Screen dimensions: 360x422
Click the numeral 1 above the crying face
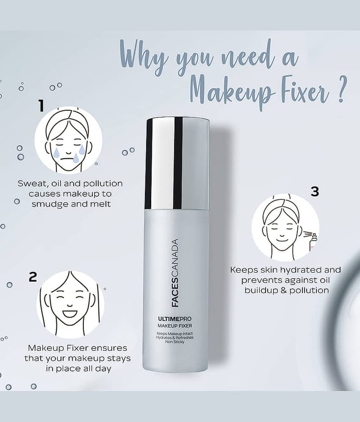tap(41, 105)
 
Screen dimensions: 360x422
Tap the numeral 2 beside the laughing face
tap(33, 276)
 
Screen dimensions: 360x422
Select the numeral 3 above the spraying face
tap(315, 191)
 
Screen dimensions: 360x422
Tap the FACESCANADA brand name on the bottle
tap(175, 273)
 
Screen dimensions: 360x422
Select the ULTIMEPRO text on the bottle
tap(175, 319)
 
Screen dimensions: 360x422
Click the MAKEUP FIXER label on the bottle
tap(175, 326)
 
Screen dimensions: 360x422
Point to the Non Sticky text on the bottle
tap(175, 342)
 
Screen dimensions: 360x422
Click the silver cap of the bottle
tap(178, 164)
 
